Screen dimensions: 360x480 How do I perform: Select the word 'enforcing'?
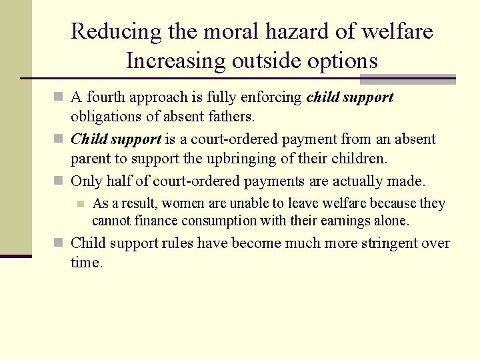[x=274, y=97]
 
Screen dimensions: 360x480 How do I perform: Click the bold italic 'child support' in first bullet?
[x=350, y=97]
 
